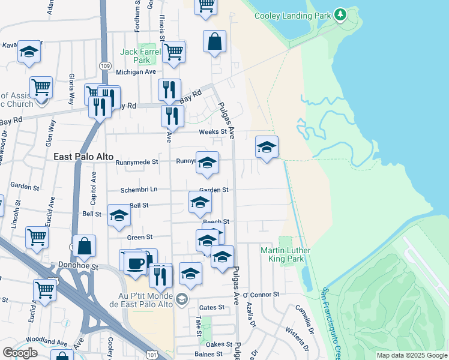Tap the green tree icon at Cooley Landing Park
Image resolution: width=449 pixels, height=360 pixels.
pos(340,14)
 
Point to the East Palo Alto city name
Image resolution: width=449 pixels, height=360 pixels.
pos(83,157)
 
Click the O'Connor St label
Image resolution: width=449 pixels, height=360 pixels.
pos(261,295)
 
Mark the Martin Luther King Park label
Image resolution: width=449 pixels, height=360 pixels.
pos(283,254)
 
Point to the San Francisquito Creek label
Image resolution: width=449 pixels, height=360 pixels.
pos(331,317)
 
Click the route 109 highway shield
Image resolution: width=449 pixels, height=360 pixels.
pos(106,65)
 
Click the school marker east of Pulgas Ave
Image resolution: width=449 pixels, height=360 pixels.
pos(267,146)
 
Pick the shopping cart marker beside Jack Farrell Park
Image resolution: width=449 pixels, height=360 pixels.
pos(173,52)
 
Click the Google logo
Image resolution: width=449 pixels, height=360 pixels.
pos(19,353)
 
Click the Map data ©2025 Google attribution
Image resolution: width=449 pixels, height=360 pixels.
pos(412,355)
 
